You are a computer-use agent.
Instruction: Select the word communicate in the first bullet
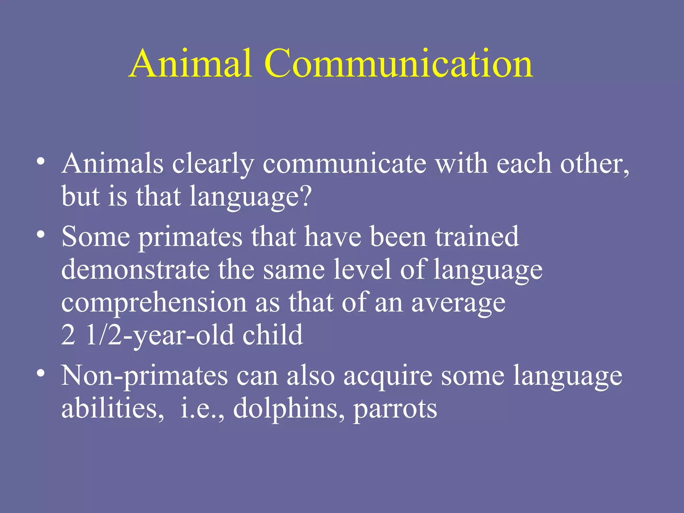[x=344, y=164]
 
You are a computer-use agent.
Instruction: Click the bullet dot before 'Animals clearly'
[x=41, y=162]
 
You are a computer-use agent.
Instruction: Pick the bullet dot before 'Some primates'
[x=41, y=234]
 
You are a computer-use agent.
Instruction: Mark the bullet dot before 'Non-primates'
[x=41, y=373]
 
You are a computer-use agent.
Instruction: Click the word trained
[x=477, y=236]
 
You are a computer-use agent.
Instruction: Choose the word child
[x=273, y=335]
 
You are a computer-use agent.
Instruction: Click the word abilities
[x=112, y=408]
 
